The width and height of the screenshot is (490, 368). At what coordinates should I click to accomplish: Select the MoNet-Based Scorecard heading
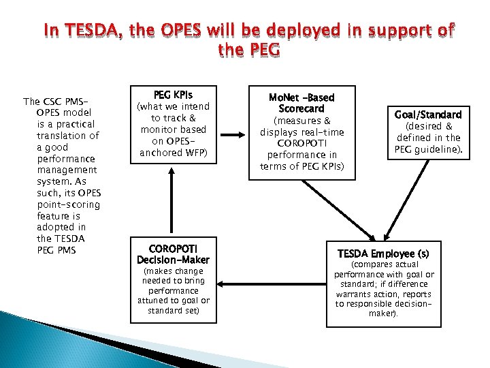tap(301, 103)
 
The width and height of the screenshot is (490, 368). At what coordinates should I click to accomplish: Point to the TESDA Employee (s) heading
tap(384, 253)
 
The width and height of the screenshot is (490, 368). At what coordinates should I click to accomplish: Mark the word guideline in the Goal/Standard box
tap(446, 148)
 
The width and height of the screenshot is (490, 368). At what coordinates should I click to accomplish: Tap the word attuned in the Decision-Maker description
tap(154, 301)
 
